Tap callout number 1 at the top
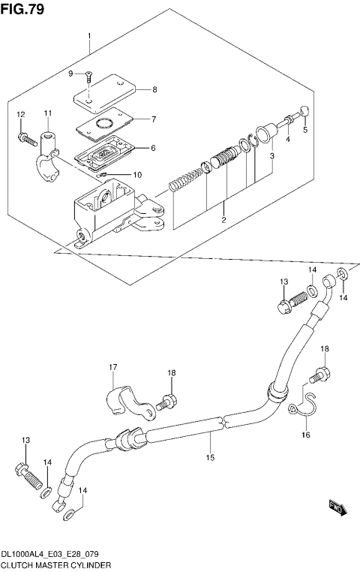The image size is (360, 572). [x=89, y=36]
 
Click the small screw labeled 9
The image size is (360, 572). [x=88, y=75]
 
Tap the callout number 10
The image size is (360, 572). [x=137, y=175]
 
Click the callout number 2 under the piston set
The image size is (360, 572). [x=223, y=219]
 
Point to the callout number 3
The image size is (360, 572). [x=272, y=155]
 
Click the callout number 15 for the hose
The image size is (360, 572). [x=211, y=457]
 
